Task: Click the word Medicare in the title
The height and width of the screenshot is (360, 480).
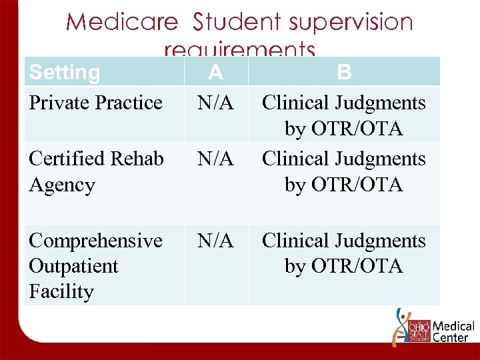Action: tap(122, 22)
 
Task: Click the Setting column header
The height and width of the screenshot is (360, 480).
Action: tap(65, 72)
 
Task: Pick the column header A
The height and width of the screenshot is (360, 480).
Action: tap(215, 71)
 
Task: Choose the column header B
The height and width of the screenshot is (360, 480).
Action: tap(344, 71)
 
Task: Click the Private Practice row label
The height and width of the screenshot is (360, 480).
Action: tap(95, 103)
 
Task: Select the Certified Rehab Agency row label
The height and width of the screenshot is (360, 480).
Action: tap(96, 171)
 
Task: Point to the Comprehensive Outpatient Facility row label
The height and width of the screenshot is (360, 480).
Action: tap(95, 265)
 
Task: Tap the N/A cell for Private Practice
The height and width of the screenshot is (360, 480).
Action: tap(215, 103)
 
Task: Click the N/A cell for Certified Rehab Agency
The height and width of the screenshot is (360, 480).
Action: tap(215, 159)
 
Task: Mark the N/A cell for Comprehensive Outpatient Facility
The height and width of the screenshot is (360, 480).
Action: tap(215, 241)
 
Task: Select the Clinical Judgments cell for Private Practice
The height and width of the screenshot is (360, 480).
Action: tap(343, 115)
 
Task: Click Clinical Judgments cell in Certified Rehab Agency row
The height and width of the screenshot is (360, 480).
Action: tap(343, 171)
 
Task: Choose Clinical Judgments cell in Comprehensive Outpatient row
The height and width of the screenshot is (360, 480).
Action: tap(343, 253)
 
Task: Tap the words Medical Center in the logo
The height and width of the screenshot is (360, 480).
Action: tap(453, 332)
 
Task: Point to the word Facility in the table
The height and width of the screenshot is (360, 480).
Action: tap(61, 291)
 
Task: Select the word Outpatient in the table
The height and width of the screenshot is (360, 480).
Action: tap(73, 266)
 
